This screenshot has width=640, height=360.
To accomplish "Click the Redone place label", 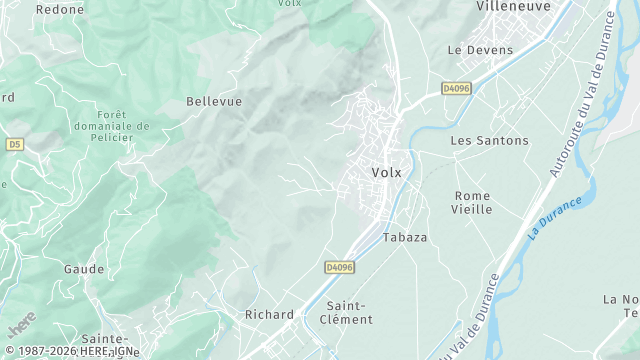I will [x=60, y=9].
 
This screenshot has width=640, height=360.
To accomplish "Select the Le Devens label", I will [x=480, y=50].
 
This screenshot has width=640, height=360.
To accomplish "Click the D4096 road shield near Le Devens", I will [x=456, y=89].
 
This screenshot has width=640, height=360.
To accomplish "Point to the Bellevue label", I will [x=214, y=102].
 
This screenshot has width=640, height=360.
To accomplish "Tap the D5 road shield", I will [x=14, y=144].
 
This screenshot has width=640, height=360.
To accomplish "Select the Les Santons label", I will [x=489, y=141].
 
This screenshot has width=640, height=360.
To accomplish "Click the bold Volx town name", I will [x=386, y=172].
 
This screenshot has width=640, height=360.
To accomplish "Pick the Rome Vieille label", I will [x=473, y=202].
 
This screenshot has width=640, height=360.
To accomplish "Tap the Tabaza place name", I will [x=405, y=238].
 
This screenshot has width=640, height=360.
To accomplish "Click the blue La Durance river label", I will [x=554, y=219].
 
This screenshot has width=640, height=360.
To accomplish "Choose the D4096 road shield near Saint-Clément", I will [x=340, y=267].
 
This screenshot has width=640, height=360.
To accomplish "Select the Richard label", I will [x=269, y=315].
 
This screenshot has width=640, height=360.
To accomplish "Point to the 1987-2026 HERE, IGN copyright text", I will [x=71, y=351].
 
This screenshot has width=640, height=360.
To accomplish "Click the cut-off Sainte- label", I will [x=104, y=339].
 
